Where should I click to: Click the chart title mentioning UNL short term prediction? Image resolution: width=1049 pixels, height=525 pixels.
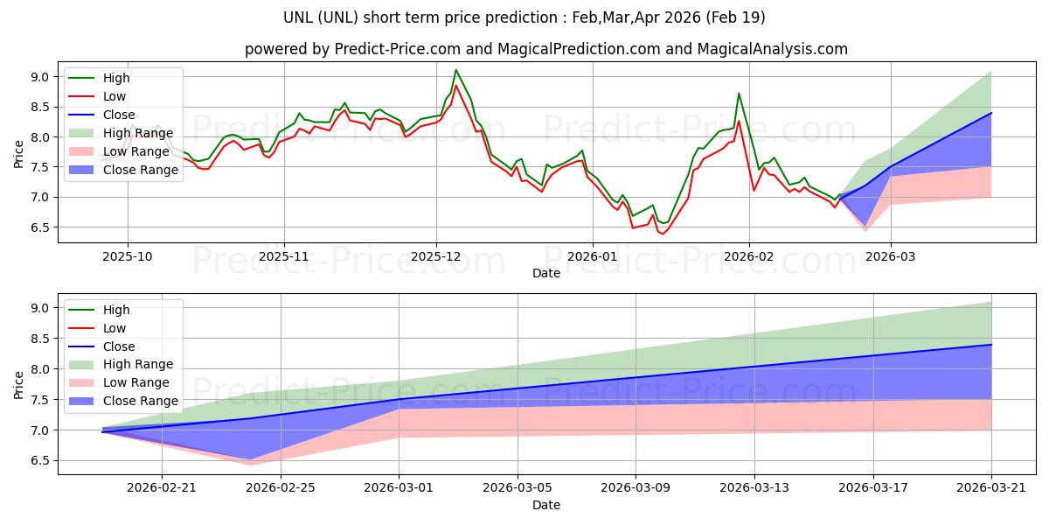pos(524,17)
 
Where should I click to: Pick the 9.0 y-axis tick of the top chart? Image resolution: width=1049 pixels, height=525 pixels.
pos(39,77)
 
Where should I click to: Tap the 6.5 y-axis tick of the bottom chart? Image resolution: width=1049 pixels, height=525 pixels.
pos(39,461)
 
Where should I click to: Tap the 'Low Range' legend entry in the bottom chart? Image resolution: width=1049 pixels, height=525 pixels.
pos(137,382)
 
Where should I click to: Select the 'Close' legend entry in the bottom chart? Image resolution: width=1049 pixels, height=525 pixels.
pos(118,346)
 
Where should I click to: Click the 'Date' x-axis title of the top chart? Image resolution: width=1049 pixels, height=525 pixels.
pos(546,274)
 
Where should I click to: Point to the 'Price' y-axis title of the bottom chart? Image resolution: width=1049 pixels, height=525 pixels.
pos(19,385)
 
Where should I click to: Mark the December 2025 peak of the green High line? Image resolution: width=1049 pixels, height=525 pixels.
pos(455,70)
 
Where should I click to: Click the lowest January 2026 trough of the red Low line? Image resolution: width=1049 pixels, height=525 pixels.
pos(663,234)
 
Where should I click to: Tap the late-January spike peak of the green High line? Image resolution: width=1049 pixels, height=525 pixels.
pos(739,94)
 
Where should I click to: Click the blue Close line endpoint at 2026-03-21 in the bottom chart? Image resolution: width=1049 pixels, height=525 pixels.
pos(991,345)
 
